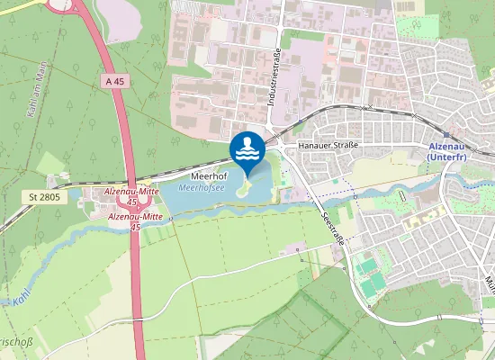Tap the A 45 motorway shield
[x=112, y=81]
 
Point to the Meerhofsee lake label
[x=202, y=189]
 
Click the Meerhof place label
[x=208, y=178]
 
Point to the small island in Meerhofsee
[x=241, y=189]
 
